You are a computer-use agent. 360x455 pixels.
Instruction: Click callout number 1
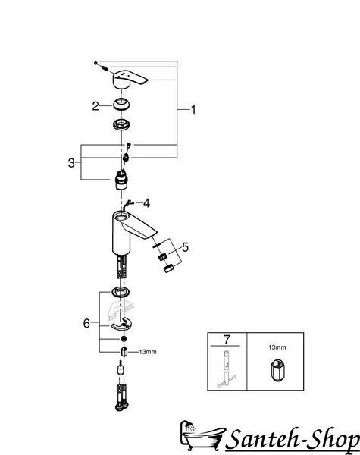(193, 110)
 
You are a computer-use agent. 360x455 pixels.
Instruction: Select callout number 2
(95, 106)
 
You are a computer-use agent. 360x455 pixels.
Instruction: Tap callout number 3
(71, 163)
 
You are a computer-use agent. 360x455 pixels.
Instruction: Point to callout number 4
(147, 203)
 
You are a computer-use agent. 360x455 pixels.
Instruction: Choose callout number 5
(185, 247)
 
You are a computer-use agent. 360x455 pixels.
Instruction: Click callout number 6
(86, 323)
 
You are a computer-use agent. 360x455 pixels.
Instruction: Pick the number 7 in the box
(227, 339)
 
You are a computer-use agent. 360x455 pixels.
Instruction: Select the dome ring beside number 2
(121, 104)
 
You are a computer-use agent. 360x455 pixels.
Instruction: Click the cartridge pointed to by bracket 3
(121, 180)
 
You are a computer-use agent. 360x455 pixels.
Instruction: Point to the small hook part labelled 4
(127, 204)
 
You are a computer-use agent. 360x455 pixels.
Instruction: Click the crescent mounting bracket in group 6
(121, 325)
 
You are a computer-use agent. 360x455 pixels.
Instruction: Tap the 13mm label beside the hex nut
(148, 352)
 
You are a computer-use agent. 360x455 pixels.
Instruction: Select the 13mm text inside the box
(277, 347)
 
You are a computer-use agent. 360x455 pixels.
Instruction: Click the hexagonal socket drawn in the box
(278, 369)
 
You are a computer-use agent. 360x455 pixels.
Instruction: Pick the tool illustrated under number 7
(227, 369)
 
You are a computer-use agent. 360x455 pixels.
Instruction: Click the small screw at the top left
(95, 63)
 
